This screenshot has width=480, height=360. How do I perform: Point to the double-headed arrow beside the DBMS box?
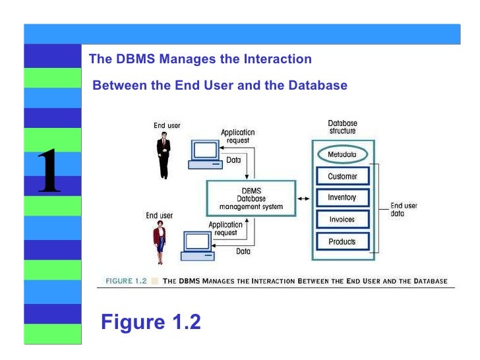[x=303, y=198]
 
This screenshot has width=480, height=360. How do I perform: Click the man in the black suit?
[x=164, y=155]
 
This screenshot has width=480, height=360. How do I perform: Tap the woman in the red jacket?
[x=160, y=242]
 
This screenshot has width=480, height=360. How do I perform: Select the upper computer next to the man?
[x=206, y=154]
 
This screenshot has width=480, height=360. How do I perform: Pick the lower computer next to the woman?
[x=198, y=246]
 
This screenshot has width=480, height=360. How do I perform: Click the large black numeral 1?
[x=49, y=170]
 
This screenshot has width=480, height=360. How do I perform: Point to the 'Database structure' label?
[x=343, y=127]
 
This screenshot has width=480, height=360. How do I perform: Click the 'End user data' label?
[x=404, y=210]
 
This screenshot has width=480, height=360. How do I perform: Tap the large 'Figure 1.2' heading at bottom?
[x=151, y=322]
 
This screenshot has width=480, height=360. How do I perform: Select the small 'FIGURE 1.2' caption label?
[x=126, y=281]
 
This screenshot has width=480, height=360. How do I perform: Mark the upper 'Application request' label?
[x=238, y=136]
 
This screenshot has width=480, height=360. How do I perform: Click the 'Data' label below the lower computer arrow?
[x=243, y=251]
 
